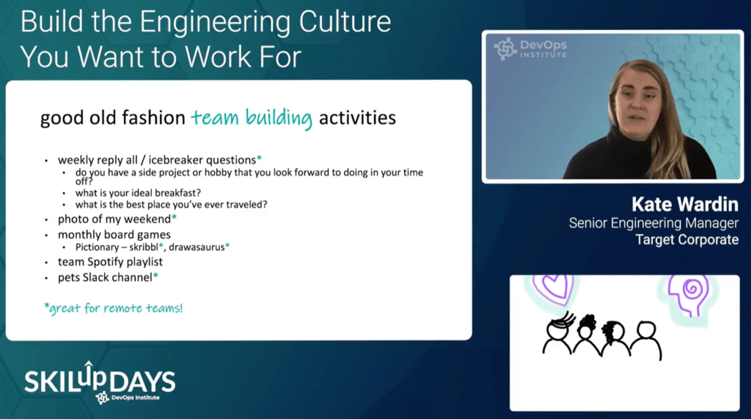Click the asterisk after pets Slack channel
[x=155, y=276]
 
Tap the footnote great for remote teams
[x=114, y=307]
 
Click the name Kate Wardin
[x=685, y=205]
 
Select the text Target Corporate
[x=686, y=240]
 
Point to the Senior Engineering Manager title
[x=653, y=223]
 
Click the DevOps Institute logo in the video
[x=530, y=48]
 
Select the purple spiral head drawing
[x=688, y=294]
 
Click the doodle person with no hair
[x=647, y=340]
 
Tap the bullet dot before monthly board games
[x=46, y=236]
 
